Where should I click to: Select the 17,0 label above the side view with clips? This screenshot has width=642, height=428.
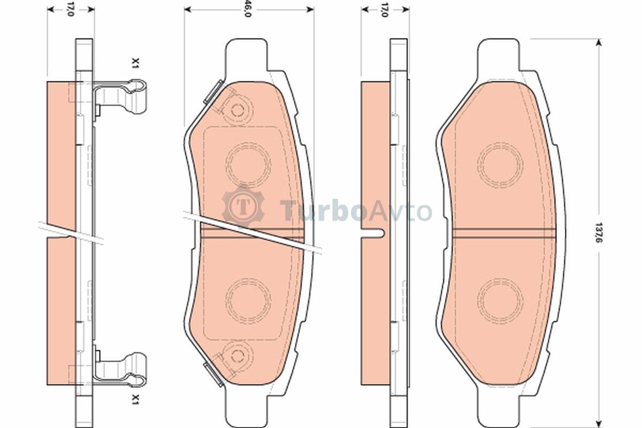coord(71,9)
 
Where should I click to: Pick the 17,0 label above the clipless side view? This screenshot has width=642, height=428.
coord(385,10)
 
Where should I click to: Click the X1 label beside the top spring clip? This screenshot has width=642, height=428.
coord(135,63)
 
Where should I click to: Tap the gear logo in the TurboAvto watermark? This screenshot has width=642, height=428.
coord(243,206)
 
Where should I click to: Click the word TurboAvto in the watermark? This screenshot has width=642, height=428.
coord(356,211)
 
